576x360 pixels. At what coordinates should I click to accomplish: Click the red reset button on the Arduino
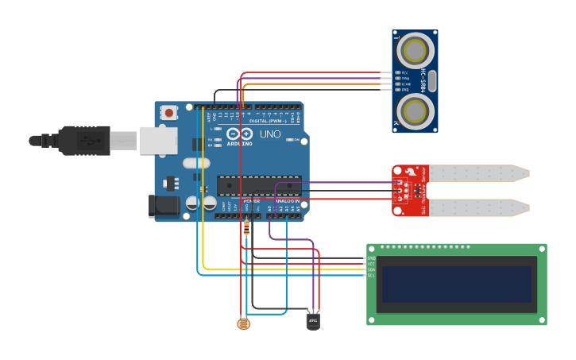pos(168,113)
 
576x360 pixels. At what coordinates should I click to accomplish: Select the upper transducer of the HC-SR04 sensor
pos(415,52)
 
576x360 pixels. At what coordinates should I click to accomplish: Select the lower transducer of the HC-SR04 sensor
pos(415,110)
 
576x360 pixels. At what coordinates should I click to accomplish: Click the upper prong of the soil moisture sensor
pos(477,172)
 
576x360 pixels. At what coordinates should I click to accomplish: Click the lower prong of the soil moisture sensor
pos(477,207)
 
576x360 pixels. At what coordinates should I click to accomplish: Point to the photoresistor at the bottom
pos(243,323)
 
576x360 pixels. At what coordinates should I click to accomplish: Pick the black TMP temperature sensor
pos(313,320)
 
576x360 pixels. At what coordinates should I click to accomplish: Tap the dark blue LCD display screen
pos(456,284)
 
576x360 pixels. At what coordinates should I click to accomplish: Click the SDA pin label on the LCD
pos(371,269)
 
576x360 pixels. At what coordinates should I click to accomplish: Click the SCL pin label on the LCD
pos(371,275)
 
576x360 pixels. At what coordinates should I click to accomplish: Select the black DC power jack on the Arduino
pos(164,206)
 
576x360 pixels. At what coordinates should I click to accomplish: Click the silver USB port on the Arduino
pos(158,140)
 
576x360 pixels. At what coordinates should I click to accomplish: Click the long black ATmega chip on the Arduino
pos(259,185)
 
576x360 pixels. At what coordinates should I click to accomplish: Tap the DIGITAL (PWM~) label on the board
pos(268,121)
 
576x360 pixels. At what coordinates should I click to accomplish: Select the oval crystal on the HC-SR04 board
pos(434,80)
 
